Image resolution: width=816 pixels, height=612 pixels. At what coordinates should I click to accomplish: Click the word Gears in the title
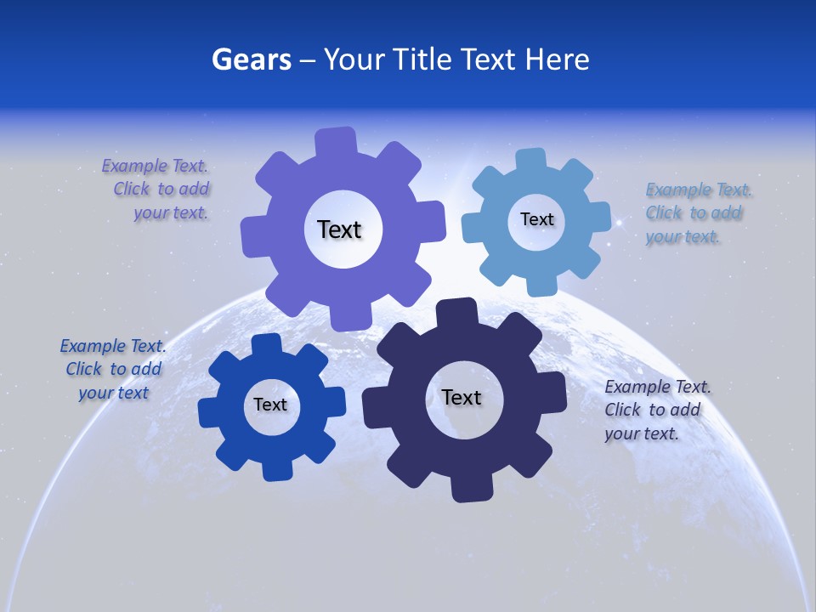(x=251, y=59)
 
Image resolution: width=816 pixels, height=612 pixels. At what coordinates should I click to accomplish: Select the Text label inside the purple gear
(x=339, y=229)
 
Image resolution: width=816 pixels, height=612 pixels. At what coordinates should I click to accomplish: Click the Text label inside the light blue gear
(x=536, y=219)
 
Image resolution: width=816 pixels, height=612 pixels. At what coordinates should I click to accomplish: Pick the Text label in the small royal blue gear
(x=270, y=405)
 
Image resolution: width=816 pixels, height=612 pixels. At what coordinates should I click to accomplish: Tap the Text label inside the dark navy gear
(x=462, y=397)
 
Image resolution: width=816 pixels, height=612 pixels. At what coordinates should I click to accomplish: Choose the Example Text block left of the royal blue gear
(x=113, y=369)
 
